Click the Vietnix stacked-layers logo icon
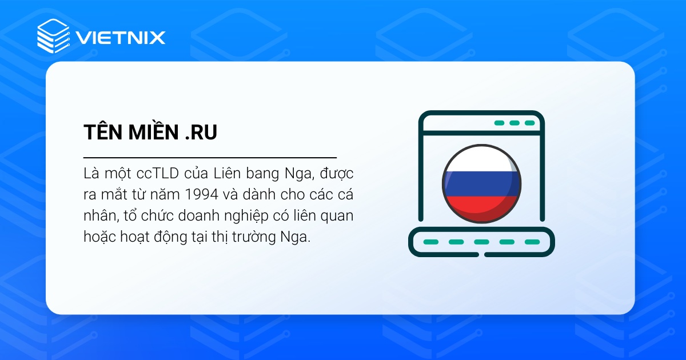click(53, 37)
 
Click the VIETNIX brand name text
click(119, 38)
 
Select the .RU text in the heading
click(201, 132)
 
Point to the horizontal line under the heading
click(210, 157)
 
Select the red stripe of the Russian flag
click(481, 206)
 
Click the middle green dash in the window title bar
click(514, 123)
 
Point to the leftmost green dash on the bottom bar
click(430, 242)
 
